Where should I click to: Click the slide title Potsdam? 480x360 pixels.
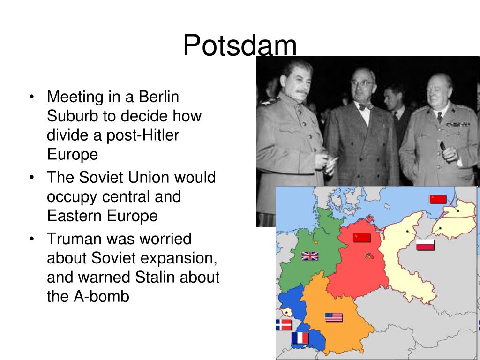pos(240,46)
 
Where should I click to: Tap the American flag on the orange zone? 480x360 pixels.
pos(334,317)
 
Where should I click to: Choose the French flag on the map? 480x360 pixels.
pos(300,338)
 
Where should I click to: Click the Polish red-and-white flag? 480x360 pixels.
pos(425,245)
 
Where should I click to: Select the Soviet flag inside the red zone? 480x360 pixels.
pos(362,238)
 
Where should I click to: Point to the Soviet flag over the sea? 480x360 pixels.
pos(438,199)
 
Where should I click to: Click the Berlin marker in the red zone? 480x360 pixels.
pos(368,256)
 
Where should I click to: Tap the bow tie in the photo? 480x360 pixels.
pos(366,106)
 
